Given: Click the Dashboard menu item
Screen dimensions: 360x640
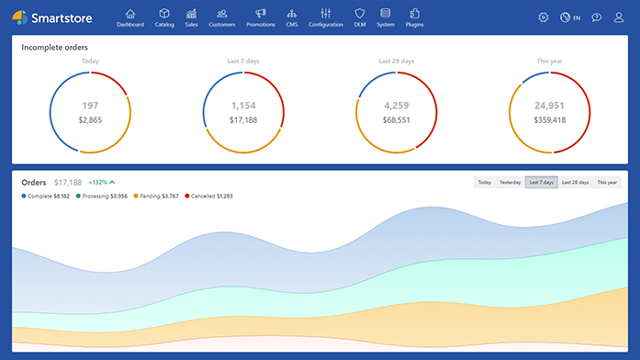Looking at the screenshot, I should point(130,17).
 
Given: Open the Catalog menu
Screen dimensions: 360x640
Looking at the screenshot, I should point(164,17).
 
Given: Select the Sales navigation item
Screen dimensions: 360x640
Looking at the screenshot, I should point(191,17).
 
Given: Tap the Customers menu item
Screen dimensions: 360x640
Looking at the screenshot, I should point(222,17).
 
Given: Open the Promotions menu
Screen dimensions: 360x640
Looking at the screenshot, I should point(261,17).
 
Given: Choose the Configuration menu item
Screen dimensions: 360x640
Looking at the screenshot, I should point(325,17).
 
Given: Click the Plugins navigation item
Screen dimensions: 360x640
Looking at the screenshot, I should point(414,17).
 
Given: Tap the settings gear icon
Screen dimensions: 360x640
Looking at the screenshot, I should point(544,17).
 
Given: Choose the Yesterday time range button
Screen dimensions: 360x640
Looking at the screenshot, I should point(510,183).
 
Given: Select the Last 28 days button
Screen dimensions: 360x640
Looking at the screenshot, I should point(575,183).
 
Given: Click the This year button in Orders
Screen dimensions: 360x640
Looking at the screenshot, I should point(608,183).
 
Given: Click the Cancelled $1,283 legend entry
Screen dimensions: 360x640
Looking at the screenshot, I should point(209,196).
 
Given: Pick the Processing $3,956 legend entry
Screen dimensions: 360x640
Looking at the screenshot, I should point(103,196).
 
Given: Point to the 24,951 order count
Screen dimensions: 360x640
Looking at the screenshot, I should point(550,106).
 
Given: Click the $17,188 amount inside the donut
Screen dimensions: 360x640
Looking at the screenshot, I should point(243,120).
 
